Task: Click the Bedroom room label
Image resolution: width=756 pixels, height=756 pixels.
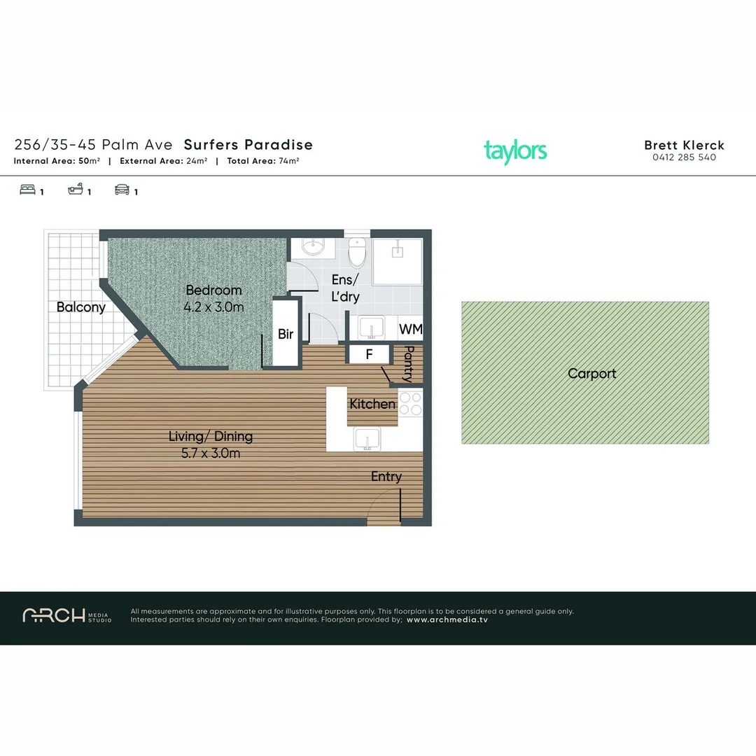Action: click(x=213, y=290)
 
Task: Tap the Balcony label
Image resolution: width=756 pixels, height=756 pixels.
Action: click(x=81, y=307)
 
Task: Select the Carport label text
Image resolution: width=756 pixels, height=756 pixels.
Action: click(x=592, y=373)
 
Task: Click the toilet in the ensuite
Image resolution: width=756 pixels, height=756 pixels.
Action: click(x=358, y=254)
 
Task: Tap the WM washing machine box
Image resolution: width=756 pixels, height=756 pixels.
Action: click(x=410, y=329)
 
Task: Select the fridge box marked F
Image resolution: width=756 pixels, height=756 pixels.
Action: click(x=369, y=355)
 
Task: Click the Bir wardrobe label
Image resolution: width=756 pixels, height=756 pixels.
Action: click(x=286, y=334)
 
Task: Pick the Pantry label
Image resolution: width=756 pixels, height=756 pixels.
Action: click(x=409, y=364)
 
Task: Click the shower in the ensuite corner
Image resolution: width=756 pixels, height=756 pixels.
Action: click(x=397, y=261)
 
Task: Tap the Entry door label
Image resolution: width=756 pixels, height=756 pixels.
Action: click(x=386, y=477)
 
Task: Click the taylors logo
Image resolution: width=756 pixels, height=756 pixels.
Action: click(x=515, y=151)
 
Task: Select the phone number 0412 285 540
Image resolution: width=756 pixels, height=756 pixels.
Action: click(x=684, y=157)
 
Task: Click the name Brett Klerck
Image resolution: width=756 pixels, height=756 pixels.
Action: click(x=684, y=146)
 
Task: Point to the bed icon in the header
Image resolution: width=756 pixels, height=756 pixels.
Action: click(x=28, y=190)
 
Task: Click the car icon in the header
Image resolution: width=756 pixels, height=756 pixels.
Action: click(x=122, y=190)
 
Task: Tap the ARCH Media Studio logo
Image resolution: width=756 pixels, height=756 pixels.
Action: click(x=66, y=616)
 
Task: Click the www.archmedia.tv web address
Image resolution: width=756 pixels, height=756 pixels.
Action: click(x=447, y=619)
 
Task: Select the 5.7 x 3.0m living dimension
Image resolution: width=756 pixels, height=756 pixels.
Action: click(x=211, y=453)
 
